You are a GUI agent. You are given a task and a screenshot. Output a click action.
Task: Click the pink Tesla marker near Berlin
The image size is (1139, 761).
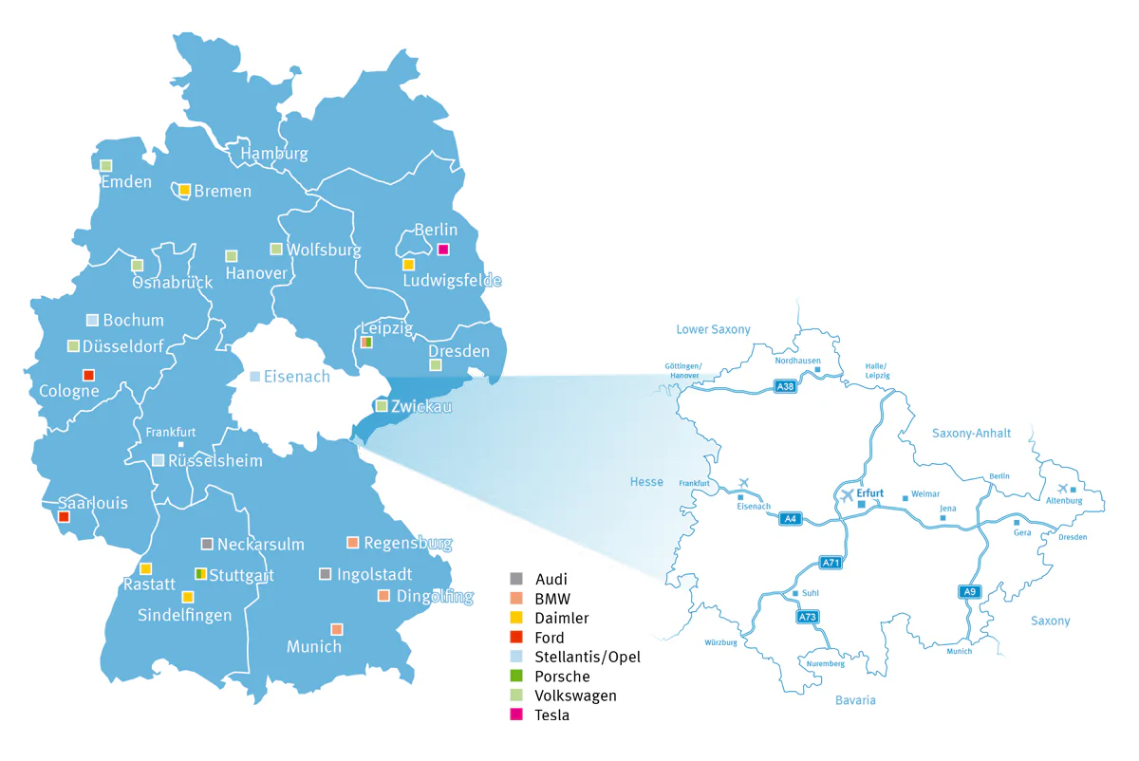443,250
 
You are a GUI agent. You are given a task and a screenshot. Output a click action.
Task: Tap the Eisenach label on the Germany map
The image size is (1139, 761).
296,377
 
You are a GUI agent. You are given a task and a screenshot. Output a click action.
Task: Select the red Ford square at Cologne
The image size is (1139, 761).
88,375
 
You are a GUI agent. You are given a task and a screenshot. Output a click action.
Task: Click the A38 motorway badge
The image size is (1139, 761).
784,386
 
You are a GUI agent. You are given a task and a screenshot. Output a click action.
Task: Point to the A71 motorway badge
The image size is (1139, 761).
831,563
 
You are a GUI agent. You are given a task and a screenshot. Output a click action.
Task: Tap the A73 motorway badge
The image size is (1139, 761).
808,617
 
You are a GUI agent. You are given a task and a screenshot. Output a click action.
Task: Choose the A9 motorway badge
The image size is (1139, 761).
967,592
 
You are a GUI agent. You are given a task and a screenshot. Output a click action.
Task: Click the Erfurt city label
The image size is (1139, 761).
869,492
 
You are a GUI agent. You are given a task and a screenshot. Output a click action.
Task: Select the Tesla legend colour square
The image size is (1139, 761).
516,715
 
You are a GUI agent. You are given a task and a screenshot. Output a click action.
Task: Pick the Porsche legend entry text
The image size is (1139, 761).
562,677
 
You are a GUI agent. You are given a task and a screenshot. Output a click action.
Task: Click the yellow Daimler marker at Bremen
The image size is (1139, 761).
185,190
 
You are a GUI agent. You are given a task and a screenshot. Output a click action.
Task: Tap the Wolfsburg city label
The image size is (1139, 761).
324,251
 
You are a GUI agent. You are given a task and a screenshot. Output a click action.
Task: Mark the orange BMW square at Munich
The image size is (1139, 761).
336,629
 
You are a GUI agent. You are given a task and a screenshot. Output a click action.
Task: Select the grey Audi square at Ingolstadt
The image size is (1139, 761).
325,574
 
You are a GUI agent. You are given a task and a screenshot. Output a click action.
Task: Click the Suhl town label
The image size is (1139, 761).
811,595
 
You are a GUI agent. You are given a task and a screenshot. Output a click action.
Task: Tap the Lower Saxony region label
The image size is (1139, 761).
713,329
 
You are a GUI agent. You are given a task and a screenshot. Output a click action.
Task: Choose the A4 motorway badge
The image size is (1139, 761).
790,518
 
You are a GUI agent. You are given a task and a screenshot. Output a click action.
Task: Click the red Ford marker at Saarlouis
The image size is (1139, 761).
64,517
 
